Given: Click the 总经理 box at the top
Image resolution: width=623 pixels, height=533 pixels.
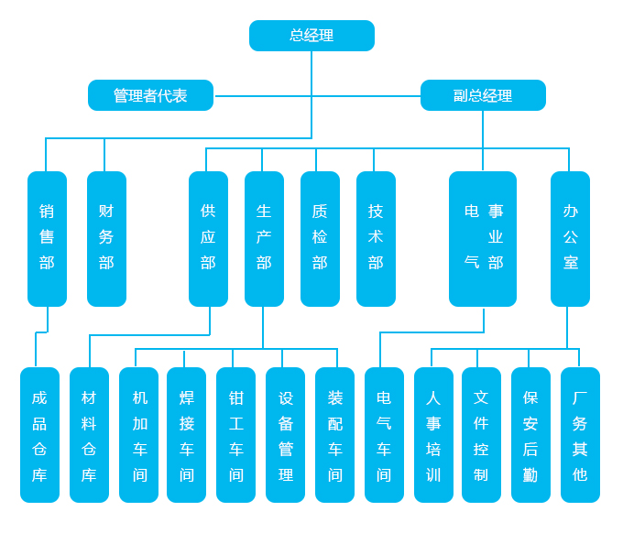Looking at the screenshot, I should click(x=311, y=36).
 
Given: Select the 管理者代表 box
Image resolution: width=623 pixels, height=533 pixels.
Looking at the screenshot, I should click(x=150, y=95).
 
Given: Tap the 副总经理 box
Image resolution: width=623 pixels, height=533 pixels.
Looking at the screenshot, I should click(x=483, y=95).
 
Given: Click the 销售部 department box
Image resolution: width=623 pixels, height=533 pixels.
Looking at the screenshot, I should click(x=47, y=238).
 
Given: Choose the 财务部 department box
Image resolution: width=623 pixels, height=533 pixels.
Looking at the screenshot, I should click(x=106, y=238).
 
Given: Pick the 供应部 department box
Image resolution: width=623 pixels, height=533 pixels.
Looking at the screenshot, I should click(x=208, y=238).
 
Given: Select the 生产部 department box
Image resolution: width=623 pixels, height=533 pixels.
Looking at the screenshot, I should click(x=264, y=238).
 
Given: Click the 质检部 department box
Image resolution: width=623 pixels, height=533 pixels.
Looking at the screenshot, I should click(x=320, y=238).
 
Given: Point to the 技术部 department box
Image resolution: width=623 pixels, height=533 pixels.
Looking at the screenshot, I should click(x=376, y=238).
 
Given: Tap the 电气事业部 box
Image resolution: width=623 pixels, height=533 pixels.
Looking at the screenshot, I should click(x=483, y=238).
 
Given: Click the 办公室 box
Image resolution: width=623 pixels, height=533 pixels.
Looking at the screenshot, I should click(x=570, y=238).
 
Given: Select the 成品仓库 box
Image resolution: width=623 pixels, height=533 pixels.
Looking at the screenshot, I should click(x=39, y=435).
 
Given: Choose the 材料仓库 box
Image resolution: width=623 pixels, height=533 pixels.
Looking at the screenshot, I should click(x=89, y=435).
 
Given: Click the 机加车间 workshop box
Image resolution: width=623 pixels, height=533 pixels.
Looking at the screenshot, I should click(x=138, y=435).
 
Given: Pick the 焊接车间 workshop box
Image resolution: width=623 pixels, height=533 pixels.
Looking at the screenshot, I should click(x=186, y=435).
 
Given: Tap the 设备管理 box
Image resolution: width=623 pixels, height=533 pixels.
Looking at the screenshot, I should click(x=285, y=435).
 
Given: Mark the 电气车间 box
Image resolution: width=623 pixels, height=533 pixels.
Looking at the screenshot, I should click(x=384, y=435).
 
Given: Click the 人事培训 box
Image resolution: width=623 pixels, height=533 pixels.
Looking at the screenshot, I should click(x=433, y=435).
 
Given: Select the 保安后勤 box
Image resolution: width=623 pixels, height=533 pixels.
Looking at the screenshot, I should click(x=530, y=435).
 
